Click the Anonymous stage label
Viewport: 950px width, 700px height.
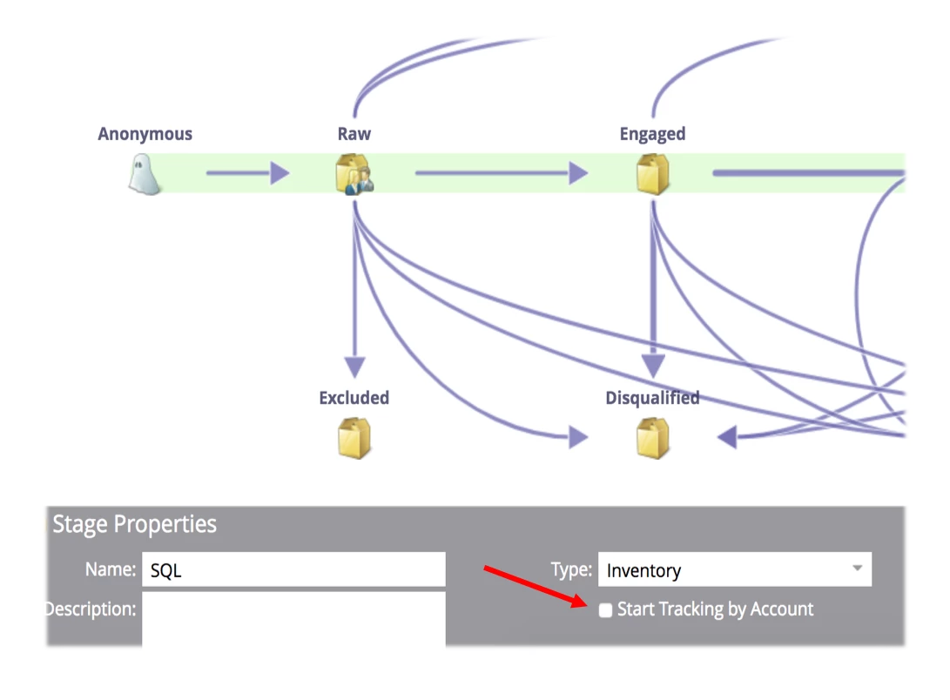[145, 134]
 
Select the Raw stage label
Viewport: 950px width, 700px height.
[354, 134]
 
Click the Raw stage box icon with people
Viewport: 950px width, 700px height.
[354, 173]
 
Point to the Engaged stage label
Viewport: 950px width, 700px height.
[652, 134]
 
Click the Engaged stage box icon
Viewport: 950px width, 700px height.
[652, 173]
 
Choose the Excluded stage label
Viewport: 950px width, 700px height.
[354, 398]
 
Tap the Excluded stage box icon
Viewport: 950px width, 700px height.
[354, 438]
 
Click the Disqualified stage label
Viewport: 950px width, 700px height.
[652, 398]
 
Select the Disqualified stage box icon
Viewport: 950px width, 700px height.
[652, 438]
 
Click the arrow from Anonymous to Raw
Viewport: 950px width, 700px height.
[247, 173]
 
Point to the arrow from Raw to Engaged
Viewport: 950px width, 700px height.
[501, 173]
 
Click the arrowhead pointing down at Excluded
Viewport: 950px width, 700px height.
[354, 366]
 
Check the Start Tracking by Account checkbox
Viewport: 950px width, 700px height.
[606, 610]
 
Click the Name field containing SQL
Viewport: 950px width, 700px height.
[293, 570]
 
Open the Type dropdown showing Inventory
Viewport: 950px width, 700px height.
[734, 570]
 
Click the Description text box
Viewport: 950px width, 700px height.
[293, 618]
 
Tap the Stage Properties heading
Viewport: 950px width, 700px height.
[134, 524]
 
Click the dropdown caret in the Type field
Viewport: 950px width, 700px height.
[857, 569]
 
